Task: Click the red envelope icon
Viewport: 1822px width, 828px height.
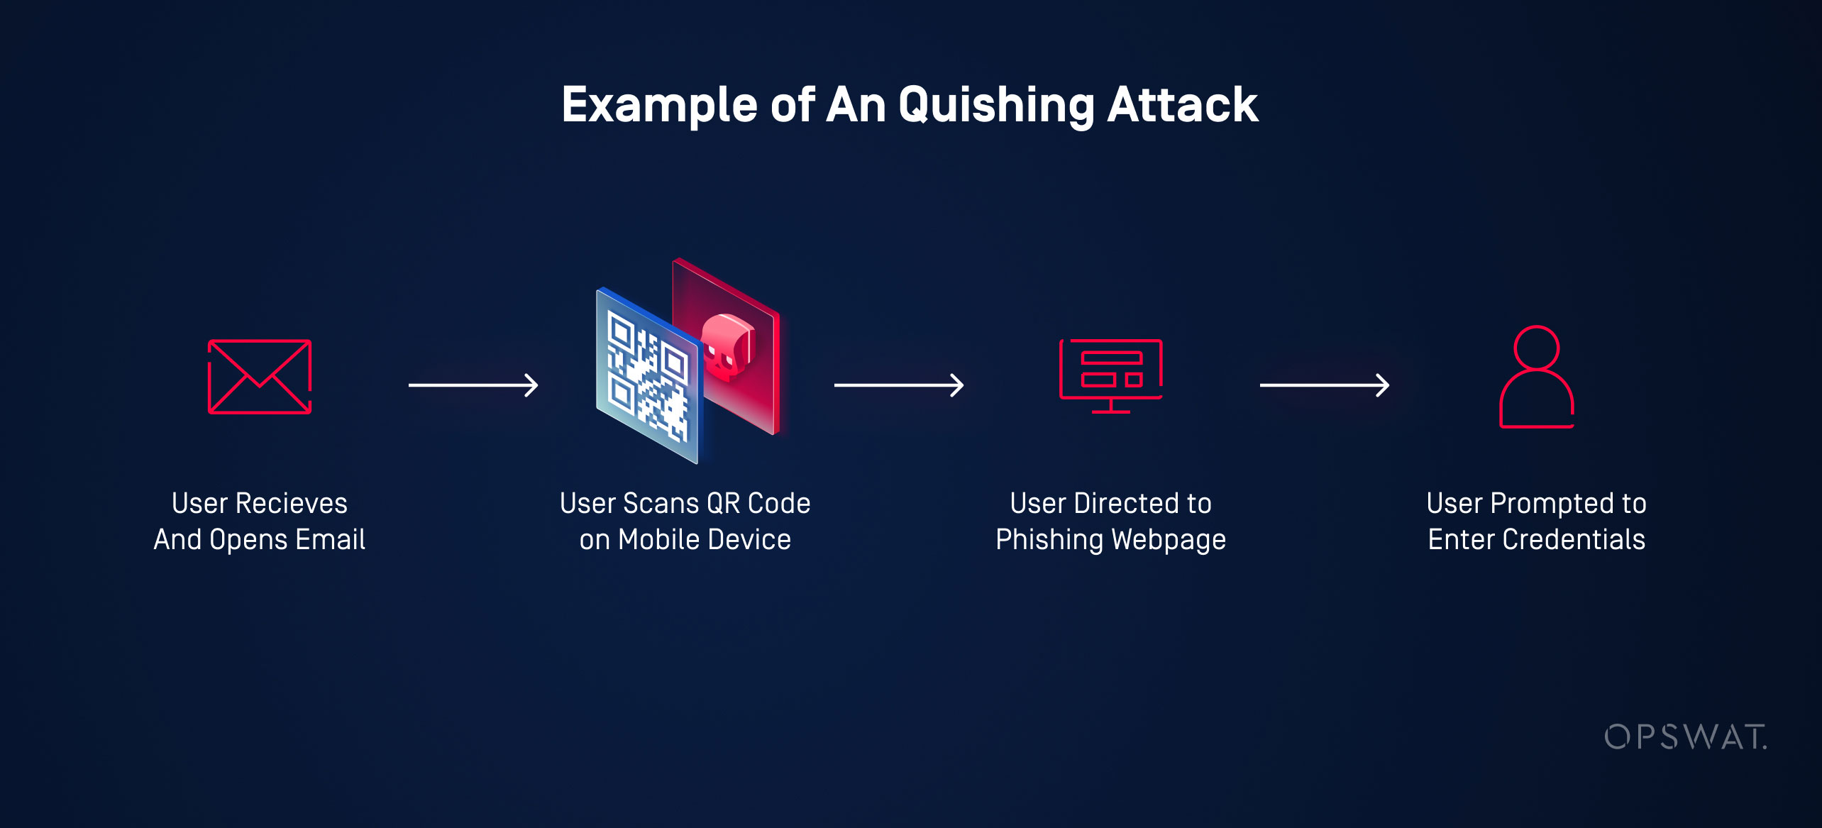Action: tap(260, 377)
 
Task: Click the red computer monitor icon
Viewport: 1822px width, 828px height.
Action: tap(1110, 375)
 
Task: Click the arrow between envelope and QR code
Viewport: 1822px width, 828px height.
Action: tap(473, 385)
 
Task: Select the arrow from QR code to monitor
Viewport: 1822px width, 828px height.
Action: tap(899, 385)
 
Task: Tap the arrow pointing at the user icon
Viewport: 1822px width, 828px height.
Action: tap(1325, 385)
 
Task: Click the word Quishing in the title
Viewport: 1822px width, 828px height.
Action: tap(996, 106)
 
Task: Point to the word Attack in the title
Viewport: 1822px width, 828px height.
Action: tap(1183, 105)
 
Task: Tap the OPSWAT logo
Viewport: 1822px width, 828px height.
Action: tap(1685, 737)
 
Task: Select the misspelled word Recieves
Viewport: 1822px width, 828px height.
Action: tap(291, 503)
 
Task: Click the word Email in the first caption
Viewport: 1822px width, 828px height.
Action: tap(330, 539)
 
